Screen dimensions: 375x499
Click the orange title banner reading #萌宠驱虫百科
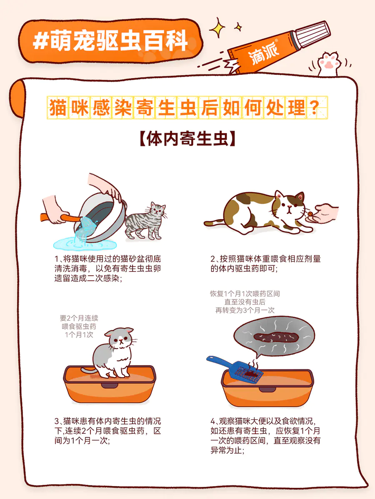[x=110, y=41]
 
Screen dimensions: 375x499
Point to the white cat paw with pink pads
[x=329, y=64]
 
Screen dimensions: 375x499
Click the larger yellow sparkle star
[x=217, y=28]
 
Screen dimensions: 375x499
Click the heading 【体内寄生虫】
[x=187, y=138]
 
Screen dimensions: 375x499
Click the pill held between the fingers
[x=310, y=213]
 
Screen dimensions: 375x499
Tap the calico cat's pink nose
[x=290, y=206]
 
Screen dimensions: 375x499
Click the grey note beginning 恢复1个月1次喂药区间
[x=245, y=302]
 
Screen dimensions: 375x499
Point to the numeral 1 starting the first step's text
[x=57, y=259]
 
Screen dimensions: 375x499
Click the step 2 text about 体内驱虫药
[x=265, y=264]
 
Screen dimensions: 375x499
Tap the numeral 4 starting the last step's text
[x=212, y=421]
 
